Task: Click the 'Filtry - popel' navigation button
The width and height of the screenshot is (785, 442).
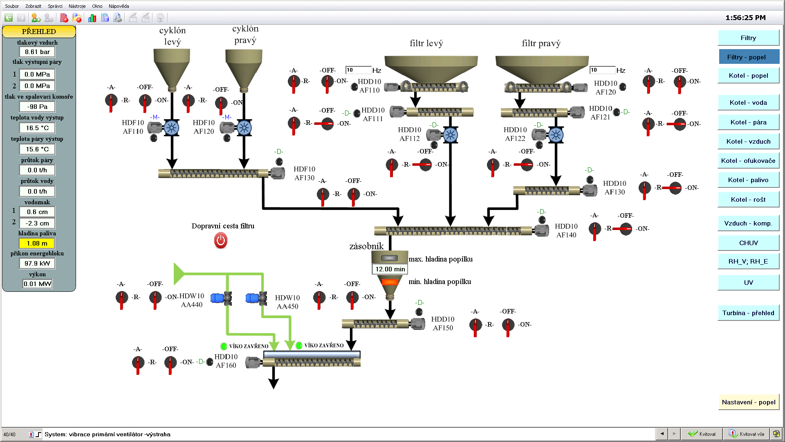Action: pos(749,57)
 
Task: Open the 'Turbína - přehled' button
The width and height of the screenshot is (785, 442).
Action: pos(748,313)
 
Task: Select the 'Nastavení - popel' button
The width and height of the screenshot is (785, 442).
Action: pos(748,402)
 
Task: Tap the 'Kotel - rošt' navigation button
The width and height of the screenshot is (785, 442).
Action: pos(748,200)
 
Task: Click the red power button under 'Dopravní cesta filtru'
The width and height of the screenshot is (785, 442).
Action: pos(221,241)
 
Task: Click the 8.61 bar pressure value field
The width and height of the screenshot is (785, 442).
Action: pos(37,52)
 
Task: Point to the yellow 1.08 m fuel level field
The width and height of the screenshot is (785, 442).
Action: pos(37,244)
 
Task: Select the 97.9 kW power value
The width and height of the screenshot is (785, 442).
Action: pos(37,264)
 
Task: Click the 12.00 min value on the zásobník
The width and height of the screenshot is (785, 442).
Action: pos(390,269)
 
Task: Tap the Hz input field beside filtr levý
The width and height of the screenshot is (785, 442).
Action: pos(358,70)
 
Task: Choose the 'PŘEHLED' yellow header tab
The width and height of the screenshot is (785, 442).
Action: pos(39,32)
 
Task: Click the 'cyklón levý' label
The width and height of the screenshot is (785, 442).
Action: pos(172,36)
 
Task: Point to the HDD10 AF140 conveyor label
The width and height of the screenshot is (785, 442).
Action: pos(566,230)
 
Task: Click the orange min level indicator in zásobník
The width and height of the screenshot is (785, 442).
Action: pos(390,282)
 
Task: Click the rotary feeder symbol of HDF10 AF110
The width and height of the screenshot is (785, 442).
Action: pos(172,128)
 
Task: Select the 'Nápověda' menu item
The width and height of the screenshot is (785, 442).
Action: pos(119,6)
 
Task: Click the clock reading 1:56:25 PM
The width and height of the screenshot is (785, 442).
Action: pos(745,18)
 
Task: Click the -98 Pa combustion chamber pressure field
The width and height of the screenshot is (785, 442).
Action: pos(37,107)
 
